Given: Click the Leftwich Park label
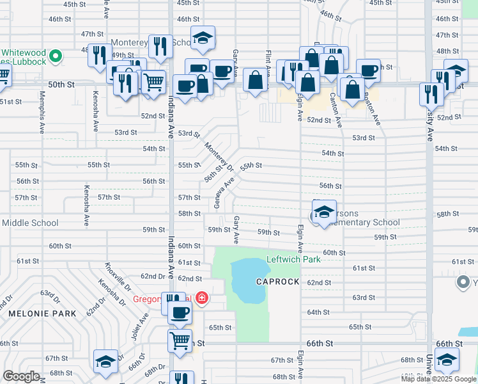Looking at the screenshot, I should pos(293,260).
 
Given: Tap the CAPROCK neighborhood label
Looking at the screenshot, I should pos(278,282).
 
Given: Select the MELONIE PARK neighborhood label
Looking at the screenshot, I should pos(42,314).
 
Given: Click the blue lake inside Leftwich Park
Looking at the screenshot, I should pos(247,282).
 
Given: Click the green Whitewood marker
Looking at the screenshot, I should pos(56,57).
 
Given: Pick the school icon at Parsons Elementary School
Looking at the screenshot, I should pos(324,212).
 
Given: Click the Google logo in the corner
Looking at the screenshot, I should pos(21,376).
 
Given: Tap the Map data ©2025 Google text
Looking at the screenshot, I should pos(438,379).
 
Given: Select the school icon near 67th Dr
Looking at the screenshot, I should pos(105,362).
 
